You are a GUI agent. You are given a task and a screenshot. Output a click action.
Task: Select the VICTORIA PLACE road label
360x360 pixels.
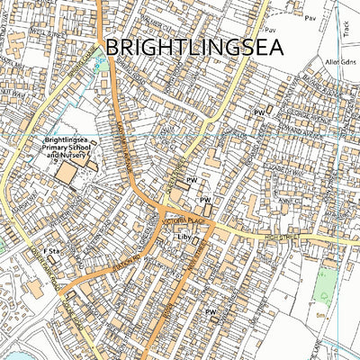(180, 219)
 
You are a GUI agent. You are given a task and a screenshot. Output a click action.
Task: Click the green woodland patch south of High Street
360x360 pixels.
(326, 286)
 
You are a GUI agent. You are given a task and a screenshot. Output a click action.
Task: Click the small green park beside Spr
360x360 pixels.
(102, 63)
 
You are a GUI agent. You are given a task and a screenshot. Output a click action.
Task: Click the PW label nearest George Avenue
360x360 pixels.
(259, 112)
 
